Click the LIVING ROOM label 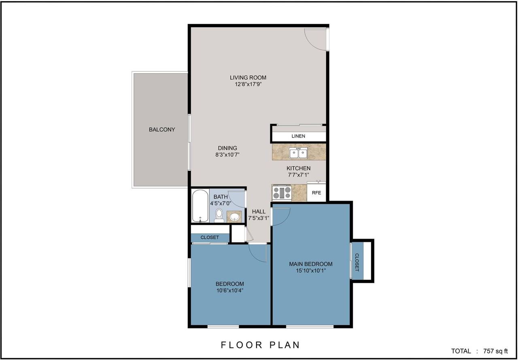pyautogui.click(x=248, y=78)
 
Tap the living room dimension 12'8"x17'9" pyautogui.click(x=248, y=85)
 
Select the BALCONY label pyautogui.click(x=162, y=129)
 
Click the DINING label pyautogui.click(x=227, y=148)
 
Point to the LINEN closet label pyautogui.click(x=298, y=136)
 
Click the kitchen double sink pyautogui.click(x=298, y=153)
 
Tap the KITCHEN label pyautogui.click(x=298, y=168)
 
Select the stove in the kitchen pyautogui.click(x=282, y=193)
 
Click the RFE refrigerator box pyautogui.click(x=316, y=193)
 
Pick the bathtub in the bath pyautogui.click(x=200, y=205)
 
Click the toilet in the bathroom pyautogui.click(x=219, y=215)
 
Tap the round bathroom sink pyautogui.click(x=234, y=217)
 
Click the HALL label pyautogui.click(x=259, y=212)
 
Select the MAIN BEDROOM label pyautogui.click(x=310, y=264)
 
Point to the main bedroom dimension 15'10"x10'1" pyautogui.click(x=310, y=271)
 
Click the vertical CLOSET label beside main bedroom pyautogui.click(x=357, y=262)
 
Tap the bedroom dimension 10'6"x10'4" pyautogui.click(x=229, y=290)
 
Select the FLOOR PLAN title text pyautogui.click(x=260, y=345)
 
